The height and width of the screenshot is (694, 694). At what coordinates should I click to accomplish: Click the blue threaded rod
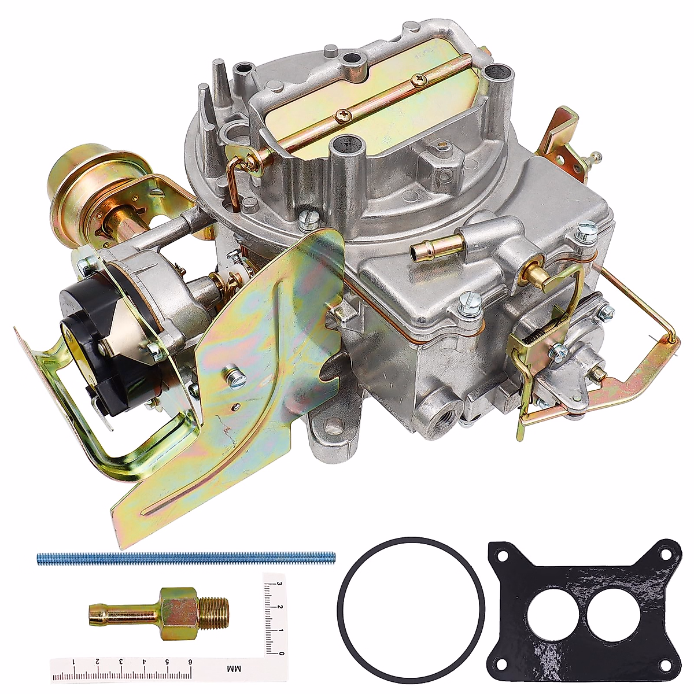tap(185, 558)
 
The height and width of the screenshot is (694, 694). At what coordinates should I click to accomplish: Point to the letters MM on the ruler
tap(235, 669)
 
